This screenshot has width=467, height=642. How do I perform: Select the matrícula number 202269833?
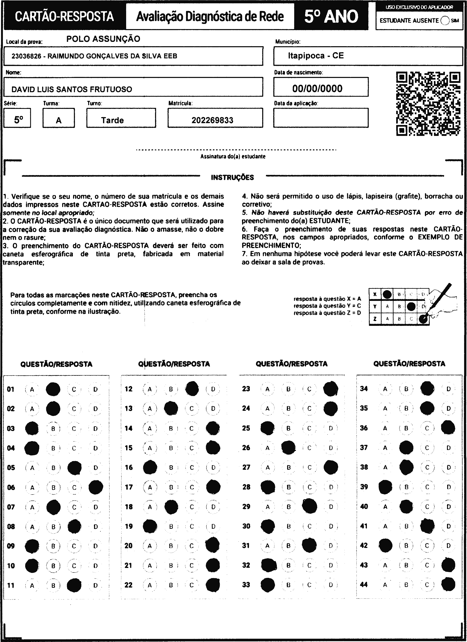click(x=212, y=120)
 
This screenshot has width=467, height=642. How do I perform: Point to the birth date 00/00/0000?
click(x=317, y=89)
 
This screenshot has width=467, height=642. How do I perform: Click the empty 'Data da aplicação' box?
click(x=321, y=118)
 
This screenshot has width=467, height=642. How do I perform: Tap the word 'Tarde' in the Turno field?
click(x=113, y=120)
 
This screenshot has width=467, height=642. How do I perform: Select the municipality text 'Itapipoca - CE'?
click(x=316, y=55)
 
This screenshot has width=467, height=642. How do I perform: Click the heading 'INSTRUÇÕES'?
click(x=232, y=178)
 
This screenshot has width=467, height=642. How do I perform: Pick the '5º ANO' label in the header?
click(x=331, y=16)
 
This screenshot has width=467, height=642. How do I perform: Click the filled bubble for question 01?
click(x=53, y=389)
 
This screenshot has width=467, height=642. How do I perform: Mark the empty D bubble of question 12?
click(x=213, y=389)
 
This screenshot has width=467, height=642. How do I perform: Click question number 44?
click(x=364, y=584)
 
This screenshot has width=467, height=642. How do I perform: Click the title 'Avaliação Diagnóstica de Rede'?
click(x=210, y=16)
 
